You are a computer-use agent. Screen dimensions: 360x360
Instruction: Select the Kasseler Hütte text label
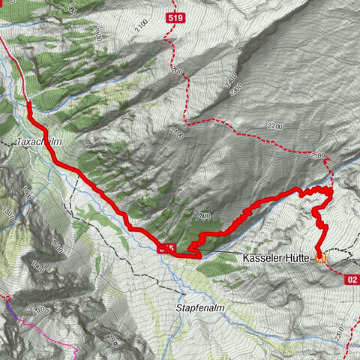point(276,257)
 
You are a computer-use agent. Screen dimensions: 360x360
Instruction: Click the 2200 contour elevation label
point(274,128)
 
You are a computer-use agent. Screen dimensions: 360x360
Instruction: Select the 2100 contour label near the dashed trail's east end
point(317,155)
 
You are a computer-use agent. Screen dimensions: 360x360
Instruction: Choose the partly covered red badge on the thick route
point(167,248)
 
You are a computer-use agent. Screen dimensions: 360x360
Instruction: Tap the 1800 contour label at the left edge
point(7,214)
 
